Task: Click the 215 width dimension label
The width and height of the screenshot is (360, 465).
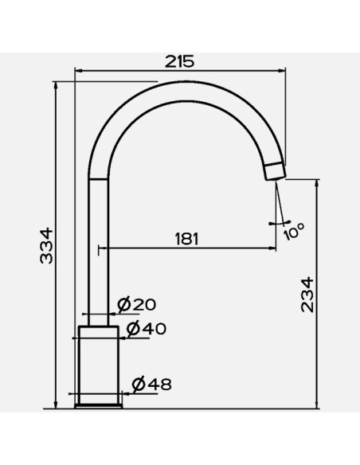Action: click(x=179, y=61)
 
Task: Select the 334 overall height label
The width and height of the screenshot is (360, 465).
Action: click(x=46, y=245)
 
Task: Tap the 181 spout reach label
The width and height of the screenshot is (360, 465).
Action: click(x=186, y=239)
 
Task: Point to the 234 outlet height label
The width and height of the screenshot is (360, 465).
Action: click(x=307, y=295)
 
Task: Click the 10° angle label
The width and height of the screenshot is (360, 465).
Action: click(x=294, y=231)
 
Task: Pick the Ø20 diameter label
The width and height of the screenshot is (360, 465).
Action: click(x=136, y=305)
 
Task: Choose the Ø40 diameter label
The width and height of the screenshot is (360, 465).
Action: click(x=147, y=328)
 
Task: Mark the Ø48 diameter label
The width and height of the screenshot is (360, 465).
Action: click(x=152, y=385)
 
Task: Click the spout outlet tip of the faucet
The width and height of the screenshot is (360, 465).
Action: click(x=276, y=172)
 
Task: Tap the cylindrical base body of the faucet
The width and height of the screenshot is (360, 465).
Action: click(x=99, y=365)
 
